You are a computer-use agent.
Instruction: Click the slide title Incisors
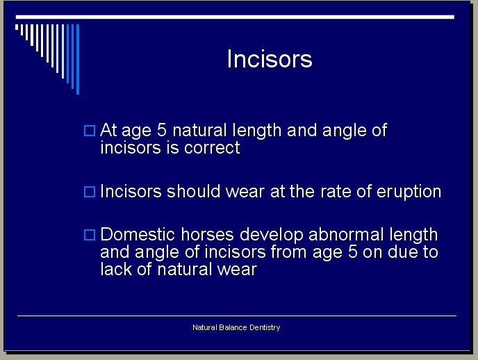tap(270, 58)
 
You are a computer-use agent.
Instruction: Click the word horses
tap(207, 235)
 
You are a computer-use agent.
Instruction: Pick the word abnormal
tap(346, 235)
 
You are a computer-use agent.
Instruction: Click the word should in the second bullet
tap(193, 191)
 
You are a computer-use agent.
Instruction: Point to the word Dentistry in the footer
tap(265, 328)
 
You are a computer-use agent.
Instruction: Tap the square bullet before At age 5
tap(90, 131)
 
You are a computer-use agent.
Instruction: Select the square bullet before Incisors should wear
tap(90, 192)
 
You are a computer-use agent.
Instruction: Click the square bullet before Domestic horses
tap(90, 235)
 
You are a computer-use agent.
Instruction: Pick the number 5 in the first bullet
tap(162, 130)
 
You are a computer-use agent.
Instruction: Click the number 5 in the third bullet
tap(352, 252)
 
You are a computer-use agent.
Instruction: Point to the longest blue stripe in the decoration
tap(78, 59)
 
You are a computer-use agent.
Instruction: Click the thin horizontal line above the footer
tap(237, 316)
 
